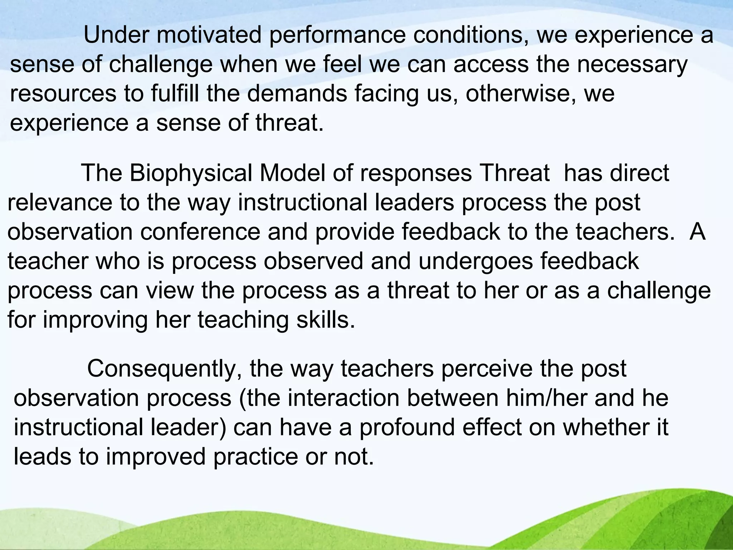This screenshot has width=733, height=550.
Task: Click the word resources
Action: [63, 94]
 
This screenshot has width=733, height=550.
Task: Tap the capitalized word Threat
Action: [514, 174]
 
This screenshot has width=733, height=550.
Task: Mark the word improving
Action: [95, 319]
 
